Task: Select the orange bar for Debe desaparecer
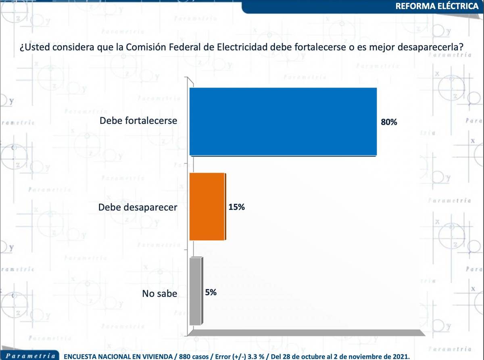tap(207, 207)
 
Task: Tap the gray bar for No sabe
tap(195, 291)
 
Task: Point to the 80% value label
tap(389, 122)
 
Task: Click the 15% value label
tap(237, 207)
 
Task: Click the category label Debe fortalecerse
tap(138, 121)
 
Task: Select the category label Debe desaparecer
tap(138, 208)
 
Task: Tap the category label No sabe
tap(159, 293)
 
